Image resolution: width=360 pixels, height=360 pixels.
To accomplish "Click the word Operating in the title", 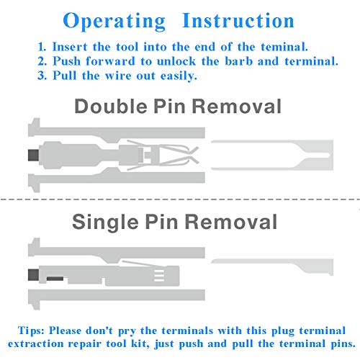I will pyautogui.click(x=114, y=20).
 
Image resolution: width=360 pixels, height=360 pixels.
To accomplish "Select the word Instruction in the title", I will pyautogui.click(x=238, y=20).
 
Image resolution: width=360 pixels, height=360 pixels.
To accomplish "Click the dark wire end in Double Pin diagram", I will pyautogui.click(x=32, y=154).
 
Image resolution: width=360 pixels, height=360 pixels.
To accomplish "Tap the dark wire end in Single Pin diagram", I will pyautogui.click(x=32, y=273).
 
